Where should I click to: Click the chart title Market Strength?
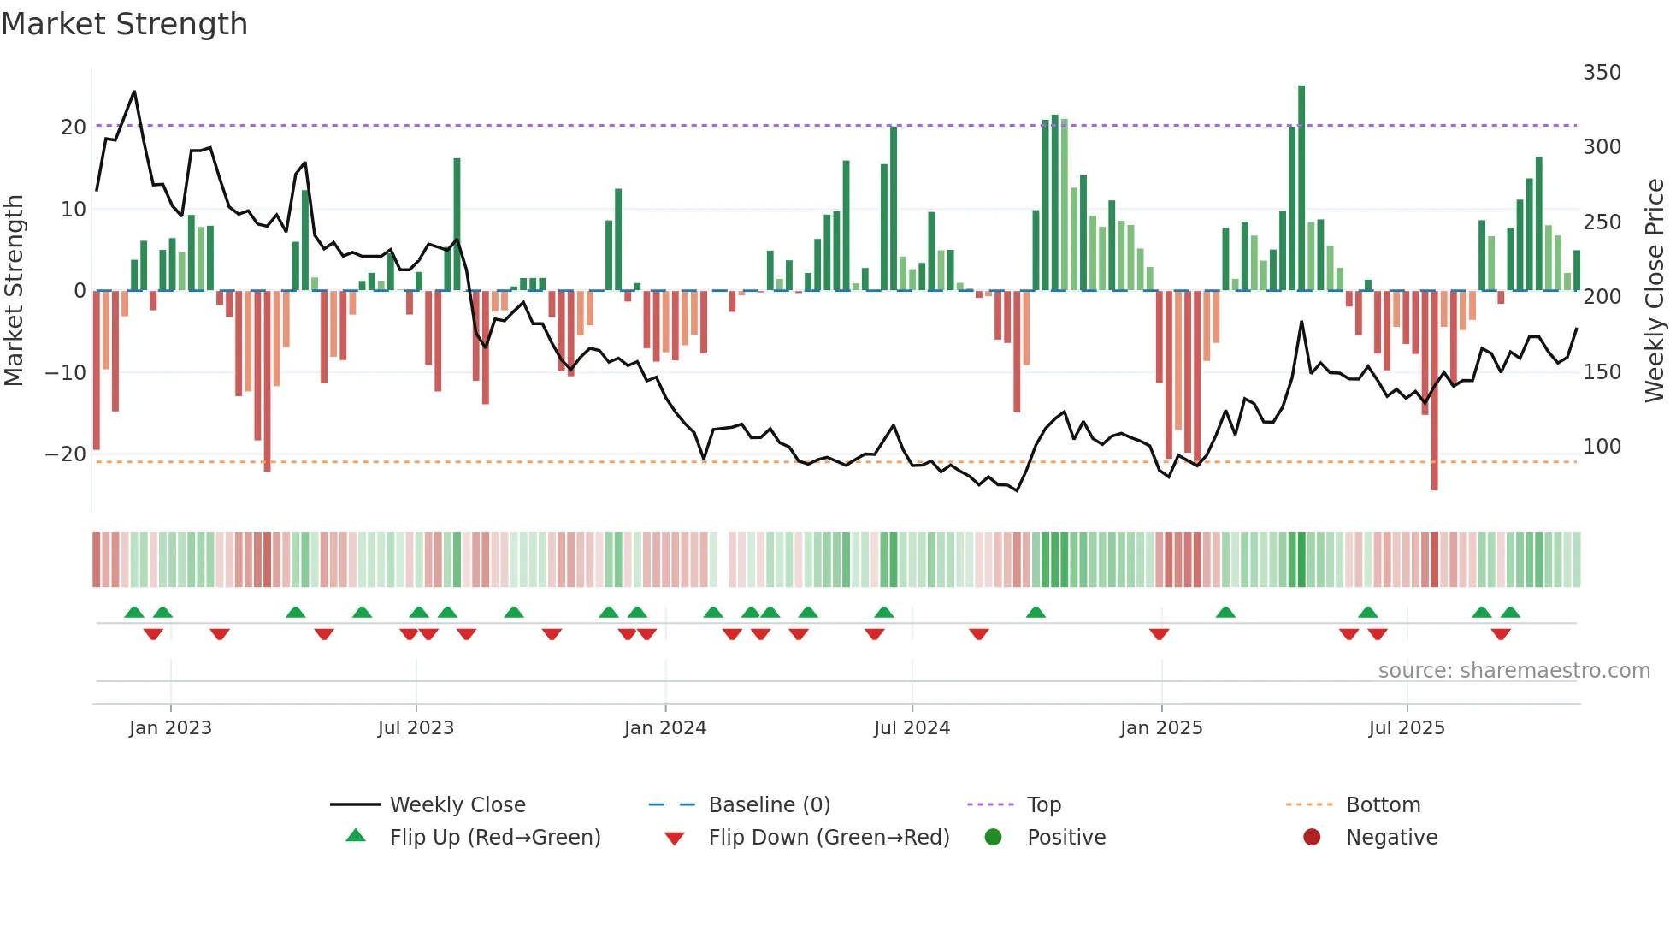tap(124, 24)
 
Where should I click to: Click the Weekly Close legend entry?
tap(457, 805)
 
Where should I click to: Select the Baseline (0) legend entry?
tap(769, 805)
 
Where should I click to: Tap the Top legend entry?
tap(1043, 805)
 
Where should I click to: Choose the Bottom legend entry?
tap(1382, 805)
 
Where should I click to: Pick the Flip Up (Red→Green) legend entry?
tap(494, 838)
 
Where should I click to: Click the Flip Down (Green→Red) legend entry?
tap(828, 838)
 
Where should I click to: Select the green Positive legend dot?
tap(993, 837)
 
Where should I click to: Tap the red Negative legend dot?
tap(1312, 837)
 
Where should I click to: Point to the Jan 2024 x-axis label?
tap(665, 728)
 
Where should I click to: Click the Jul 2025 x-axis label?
tap(1407, 728)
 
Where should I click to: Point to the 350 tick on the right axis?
tap(1602, 73)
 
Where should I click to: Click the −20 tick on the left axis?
tap(66, 454)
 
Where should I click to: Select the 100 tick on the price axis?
tap(1602, 447)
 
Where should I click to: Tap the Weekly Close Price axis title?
tap(1655, 291)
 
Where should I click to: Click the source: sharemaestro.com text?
tap(1514, 671)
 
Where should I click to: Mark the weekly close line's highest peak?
tap(134, 92)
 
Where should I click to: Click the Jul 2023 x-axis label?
tap(416, 728)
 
